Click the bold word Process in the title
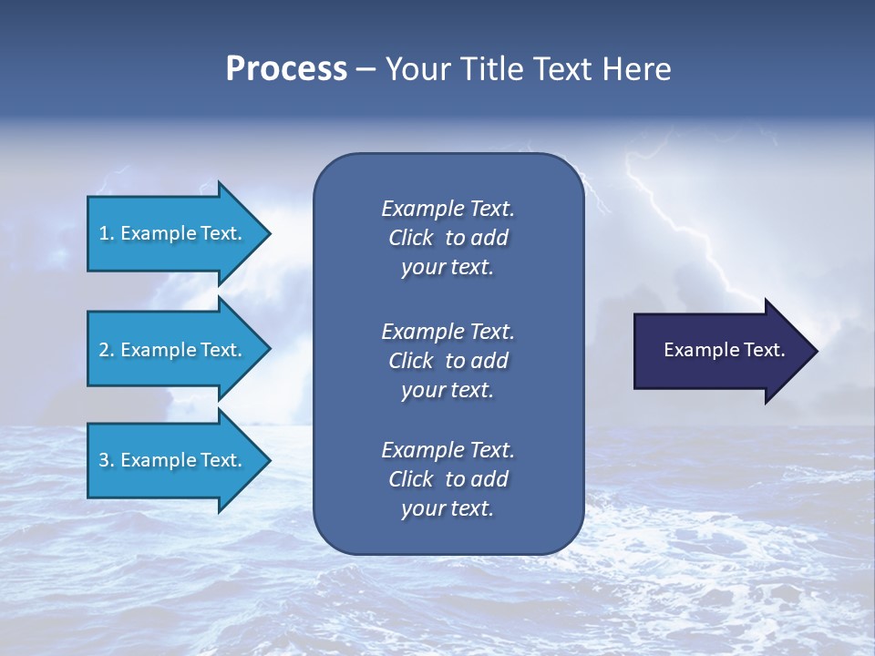pos(286,69)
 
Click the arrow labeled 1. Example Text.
pos(173,233)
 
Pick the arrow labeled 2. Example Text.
pos(173,350)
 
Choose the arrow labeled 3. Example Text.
pos(173,460)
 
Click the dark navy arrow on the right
pos(720,350)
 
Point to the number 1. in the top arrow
pos(107,233)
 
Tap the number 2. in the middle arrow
pos(107,350)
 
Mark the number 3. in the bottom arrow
pos(107,460)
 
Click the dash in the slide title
pos(366,69)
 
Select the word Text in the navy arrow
pos(766,350)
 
